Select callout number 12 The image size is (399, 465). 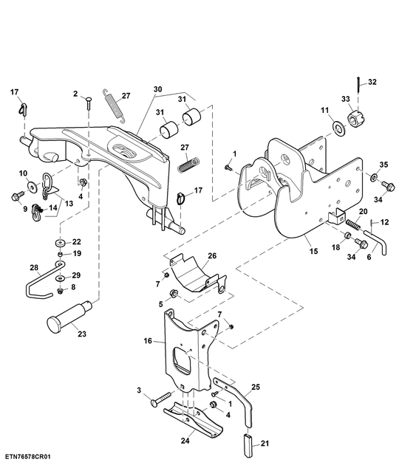[x=383, y=221]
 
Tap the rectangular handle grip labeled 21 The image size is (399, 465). [x=249, y=447]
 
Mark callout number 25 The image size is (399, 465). [x=255, y=387]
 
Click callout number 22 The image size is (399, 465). [x=75, y=242]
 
